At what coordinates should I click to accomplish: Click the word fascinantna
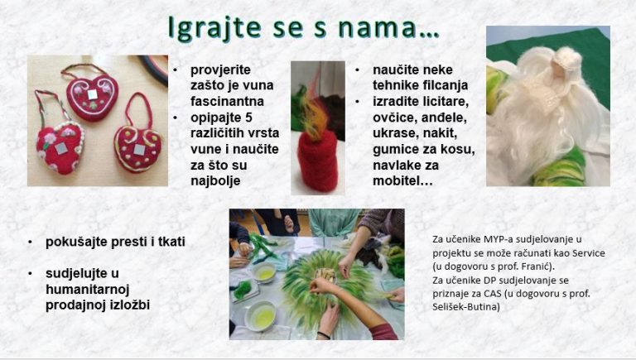click(x=227, y=101)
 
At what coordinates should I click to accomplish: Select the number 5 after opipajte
click(x=248, y=118)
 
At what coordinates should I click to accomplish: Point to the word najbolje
click(x=215, y=181)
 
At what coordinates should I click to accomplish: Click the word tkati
click(x=172, y=242)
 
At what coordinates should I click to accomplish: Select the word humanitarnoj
click(x=87, y=290)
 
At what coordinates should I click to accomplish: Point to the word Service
click(x=589, y=253)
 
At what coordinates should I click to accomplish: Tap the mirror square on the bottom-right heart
click(x=140, y=149)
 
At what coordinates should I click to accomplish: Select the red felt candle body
click(x=318, y=161)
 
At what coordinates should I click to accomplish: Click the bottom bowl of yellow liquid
click(x=261, y=316)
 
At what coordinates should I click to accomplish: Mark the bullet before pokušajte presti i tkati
click(x=31, y=242)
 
